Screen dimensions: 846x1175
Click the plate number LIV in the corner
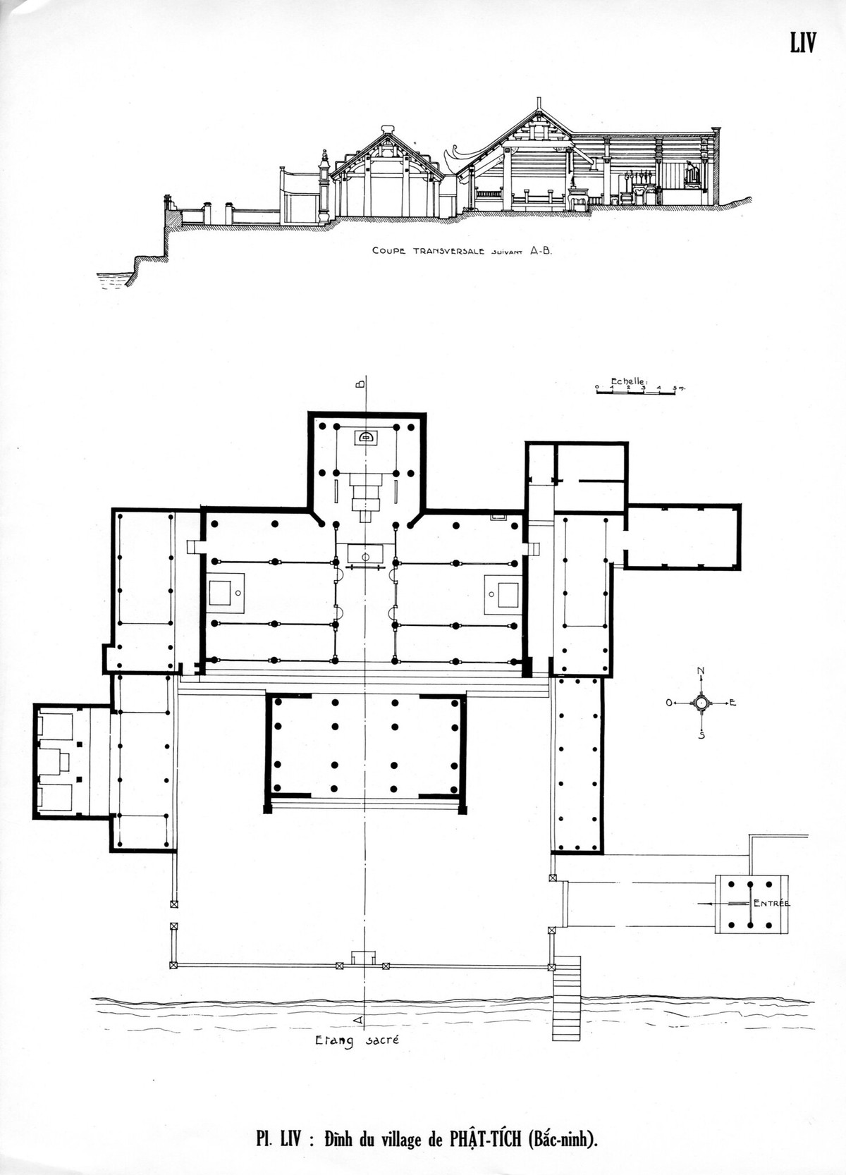(x=803, y=42)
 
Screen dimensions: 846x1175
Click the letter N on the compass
(x=701, y=671)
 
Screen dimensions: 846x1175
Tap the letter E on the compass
(x=732, y=702)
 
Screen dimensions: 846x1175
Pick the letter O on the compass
(x=669, y=702)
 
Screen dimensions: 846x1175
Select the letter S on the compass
(x=701, y=735)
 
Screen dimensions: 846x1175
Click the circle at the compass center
(x=701, y=702)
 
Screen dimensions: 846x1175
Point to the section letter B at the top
(x=360, y=384)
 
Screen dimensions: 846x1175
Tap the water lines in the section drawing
(x=112, y=281)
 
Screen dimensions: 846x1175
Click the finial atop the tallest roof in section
(x=539, y=104)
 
